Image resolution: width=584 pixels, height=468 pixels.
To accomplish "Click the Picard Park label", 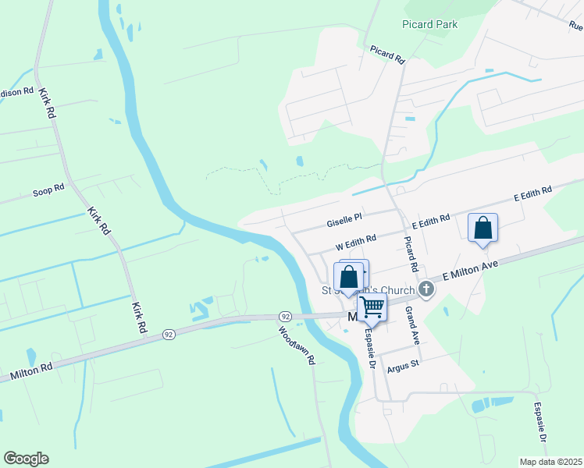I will pyautogui.click(x=429, y=24).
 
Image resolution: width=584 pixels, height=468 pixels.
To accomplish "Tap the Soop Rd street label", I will pyautogui.click(x=48, y=190).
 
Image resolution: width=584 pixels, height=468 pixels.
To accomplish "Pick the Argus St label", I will pyautogui.click(x=403, y=364).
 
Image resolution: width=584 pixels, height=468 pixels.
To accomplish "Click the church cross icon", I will pyautogui.click(x=426, y=289).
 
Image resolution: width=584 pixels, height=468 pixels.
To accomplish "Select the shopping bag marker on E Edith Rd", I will pyautogui.click(x=483, y=229).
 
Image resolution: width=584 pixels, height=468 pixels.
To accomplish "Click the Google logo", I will pyautogui.click(x=26, y=459).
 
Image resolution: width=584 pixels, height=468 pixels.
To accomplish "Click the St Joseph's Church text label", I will pyautogui.click(x=369, y=291).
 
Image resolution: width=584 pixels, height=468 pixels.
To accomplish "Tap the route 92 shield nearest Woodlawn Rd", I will pyautogui.click(x=286, y=317).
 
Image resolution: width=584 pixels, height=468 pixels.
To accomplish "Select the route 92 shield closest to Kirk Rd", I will pyautogui.click(x=168, y=334).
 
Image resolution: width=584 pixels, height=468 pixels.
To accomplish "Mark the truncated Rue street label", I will pyautogui.click(x=575, y=26).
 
